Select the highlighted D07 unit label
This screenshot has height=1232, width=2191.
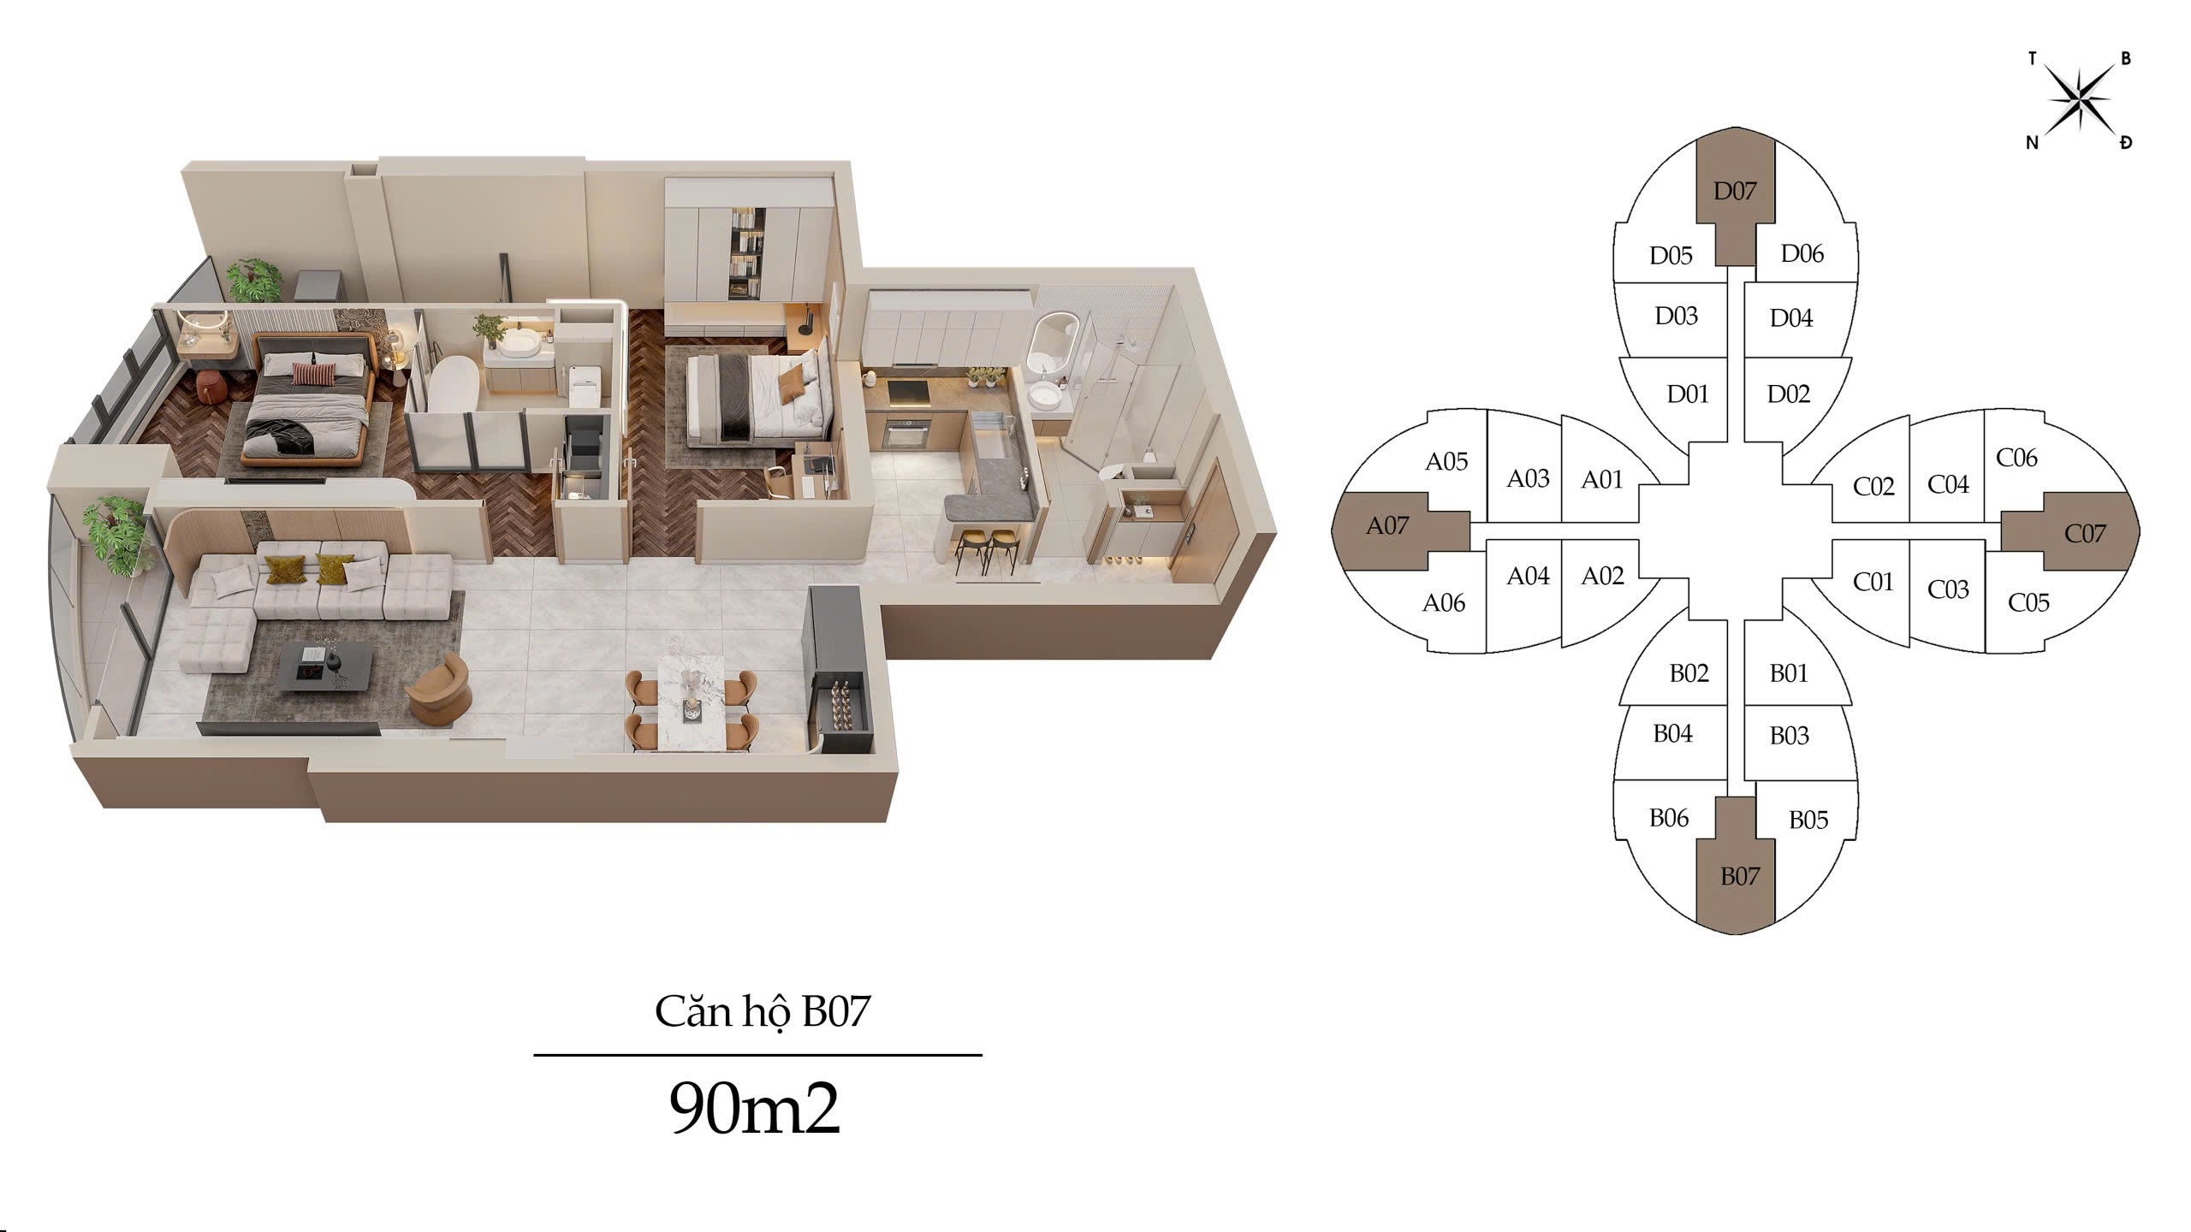point(1734,191)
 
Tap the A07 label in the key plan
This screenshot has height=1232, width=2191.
point(1387,525)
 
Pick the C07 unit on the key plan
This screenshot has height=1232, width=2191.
point(2084,533)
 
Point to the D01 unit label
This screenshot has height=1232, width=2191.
point(1687,394)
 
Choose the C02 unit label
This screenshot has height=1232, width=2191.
point(1873,487)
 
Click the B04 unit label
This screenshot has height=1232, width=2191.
point(1672,734)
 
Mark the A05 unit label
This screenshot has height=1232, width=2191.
point(1446,462)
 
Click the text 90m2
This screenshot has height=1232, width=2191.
point(754,1110)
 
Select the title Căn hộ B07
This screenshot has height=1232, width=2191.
point(762,1010)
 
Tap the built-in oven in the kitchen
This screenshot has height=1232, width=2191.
point(905,432)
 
